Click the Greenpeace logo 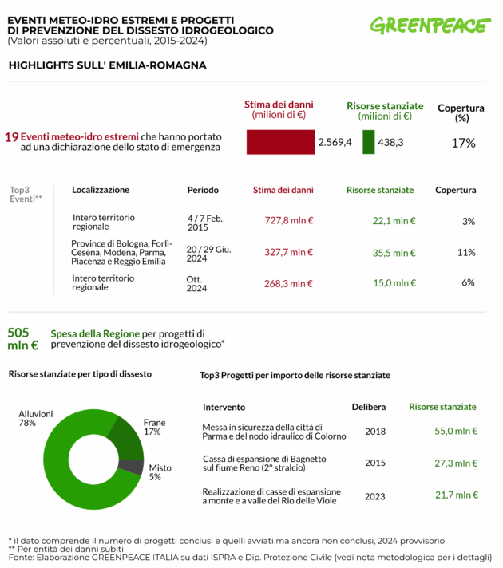pyautogui.click(x=430, y=26)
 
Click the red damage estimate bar pyautogui.click(x=280, y=142)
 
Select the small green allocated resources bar pyautogui.click(x=368, y=142)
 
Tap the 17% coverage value pyautogui.click(x=463, y=143)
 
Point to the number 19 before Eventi pyautogui.click(x=11, y=137)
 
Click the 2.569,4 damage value pyautogui.click(x=335, y=142)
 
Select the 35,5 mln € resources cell pyautogui.click(x=394, y=252)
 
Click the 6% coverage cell pyautogui.click(x=468, y=282)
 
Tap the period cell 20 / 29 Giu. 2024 pyautogui.click(x=208, y=254)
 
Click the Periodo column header pyautogui.click(x=203, y=190)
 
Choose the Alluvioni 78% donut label pyautogui.click(x=36, y=419)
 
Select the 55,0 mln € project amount pyautogui.click(x=456, y=431)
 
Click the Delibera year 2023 pyautogui.click(x=374, y=496)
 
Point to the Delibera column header pyautogui.click(x=369, y=407)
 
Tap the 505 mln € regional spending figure pyautogui.click(x=22, y=339)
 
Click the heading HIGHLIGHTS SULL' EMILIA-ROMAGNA pyautogui.click(x=107, y=65)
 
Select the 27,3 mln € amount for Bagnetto pyautogui.click(x=456, y=463)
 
